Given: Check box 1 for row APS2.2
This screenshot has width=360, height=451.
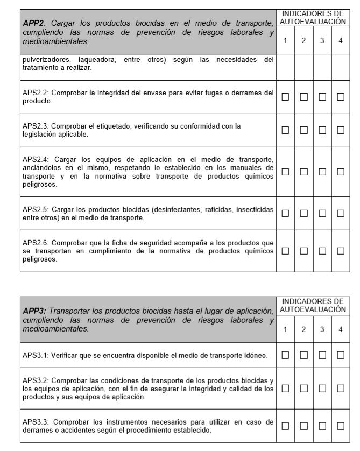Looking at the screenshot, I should click(285, 97).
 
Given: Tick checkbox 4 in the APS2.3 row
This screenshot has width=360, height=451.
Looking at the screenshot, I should click(340, 130).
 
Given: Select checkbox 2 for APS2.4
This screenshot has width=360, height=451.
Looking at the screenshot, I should click(303, 172).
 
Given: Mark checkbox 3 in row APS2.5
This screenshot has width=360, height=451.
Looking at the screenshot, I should click(322, 213).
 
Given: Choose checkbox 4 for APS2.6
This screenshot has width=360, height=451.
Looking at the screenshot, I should click(340, 251).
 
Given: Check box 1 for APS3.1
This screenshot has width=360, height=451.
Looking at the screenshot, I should click(285, 355).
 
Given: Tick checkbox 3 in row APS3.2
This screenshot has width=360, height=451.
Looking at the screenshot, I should click(322, 389).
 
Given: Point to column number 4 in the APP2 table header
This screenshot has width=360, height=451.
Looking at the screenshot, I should click(340, 41).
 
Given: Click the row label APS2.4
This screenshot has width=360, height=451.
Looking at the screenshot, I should click(36, 159).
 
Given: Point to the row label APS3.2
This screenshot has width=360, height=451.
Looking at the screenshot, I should click(36, 380).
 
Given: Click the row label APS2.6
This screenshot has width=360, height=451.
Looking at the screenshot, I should click(36, 243).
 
